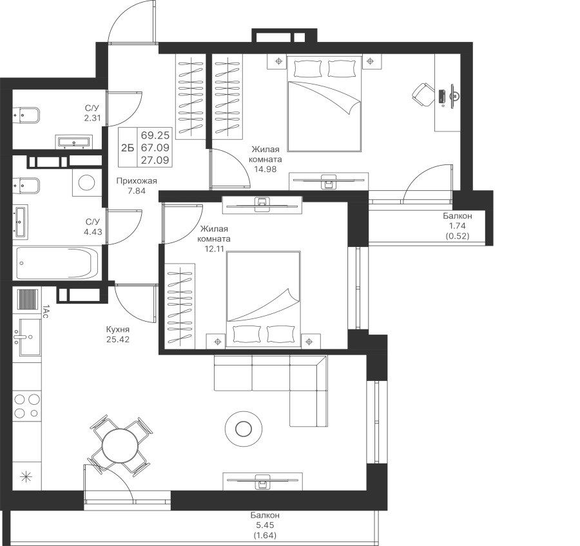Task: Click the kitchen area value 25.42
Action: [x=118, y=339]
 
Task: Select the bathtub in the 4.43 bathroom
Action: [x=57, y=264]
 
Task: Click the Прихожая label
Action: [x=137, y=181]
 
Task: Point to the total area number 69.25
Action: [x=155, y=134]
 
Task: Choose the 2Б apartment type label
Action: [x=127, y=148]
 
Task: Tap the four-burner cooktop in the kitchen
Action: [x=27, y=406]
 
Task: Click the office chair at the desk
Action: [x=422, y=95]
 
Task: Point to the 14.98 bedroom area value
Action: [x=266, y=169]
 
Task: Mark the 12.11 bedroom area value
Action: [x=215, y=249]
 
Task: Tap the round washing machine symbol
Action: [x=87, y=182]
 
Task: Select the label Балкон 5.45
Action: [x=266, y=520]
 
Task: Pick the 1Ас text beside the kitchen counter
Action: [x=45, y=311]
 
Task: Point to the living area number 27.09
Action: [x=155, y=160]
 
